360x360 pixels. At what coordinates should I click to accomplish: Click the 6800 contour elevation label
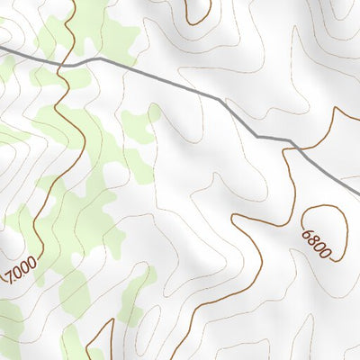point(317,243)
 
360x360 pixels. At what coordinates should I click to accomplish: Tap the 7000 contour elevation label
point(20,268)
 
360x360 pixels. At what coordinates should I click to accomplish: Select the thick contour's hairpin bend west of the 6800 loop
point(236,217)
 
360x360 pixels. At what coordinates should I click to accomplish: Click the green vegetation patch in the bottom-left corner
point(9,324)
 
